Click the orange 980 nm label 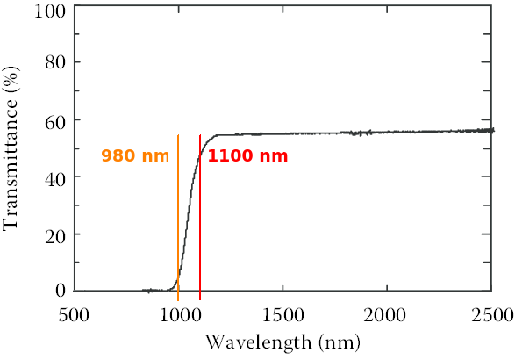coord(134,156)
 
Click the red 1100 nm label coord(247,156)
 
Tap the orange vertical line coord(178,220)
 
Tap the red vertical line coord(200,220)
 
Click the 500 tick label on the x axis coord(74,314)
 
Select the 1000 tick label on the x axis coord(178,314)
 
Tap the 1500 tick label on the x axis coord(283,314)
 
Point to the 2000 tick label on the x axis coord(387,314)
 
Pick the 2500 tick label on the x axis coord(490,314)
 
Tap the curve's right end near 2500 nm coord(492,130)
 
